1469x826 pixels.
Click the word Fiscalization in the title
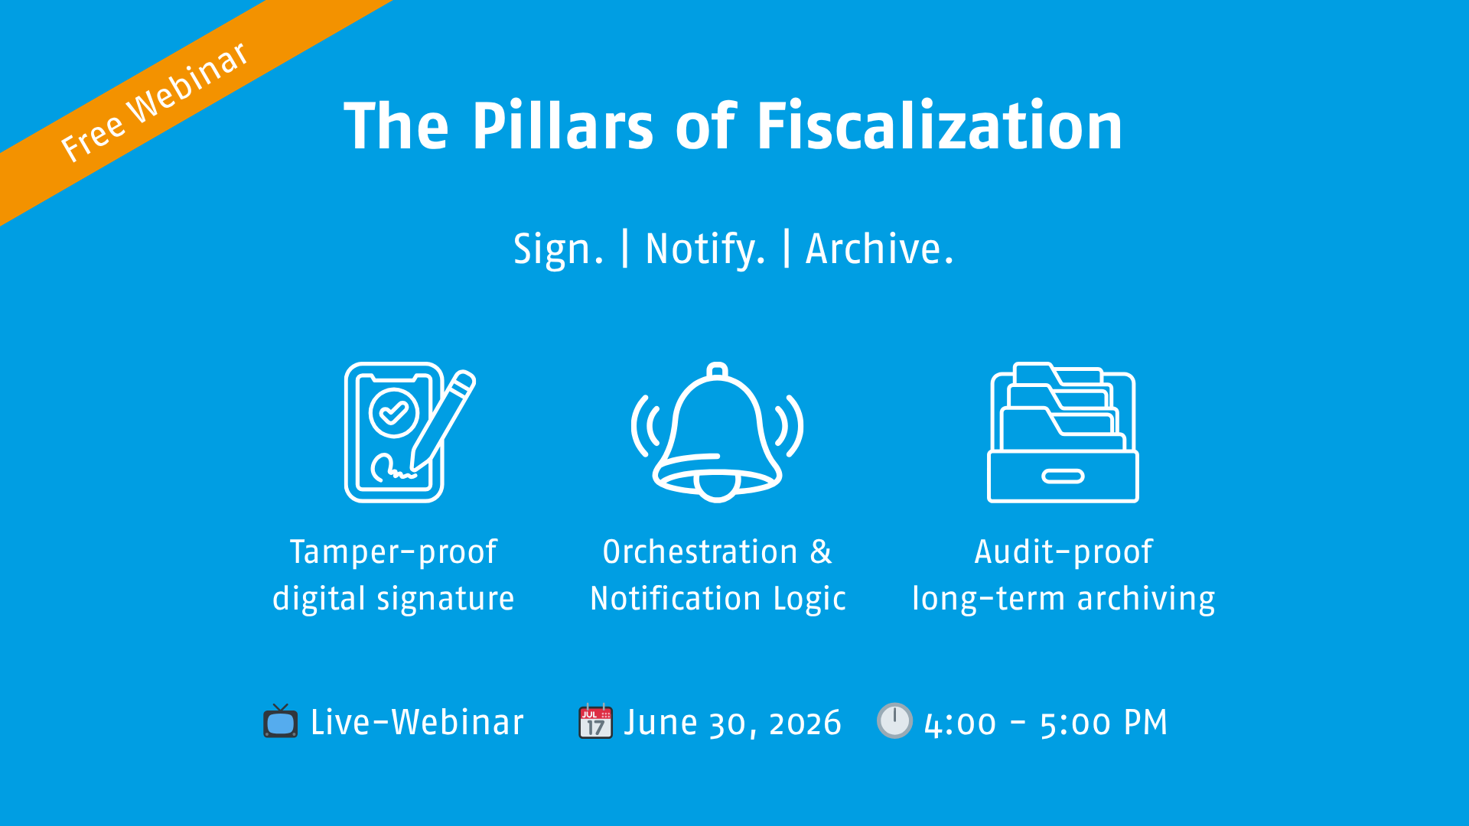pos(939,126)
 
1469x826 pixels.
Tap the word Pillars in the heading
pos(562,126)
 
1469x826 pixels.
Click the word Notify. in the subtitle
pos(705,249)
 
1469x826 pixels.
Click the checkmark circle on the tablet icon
pos(393,413)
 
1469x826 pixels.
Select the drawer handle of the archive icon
pos(1063,476)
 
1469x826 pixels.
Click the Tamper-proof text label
pos(393,552)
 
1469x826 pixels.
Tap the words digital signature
pos(393,599)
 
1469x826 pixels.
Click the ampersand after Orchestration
pos(821,552)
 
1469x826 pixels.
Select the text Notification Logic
pos(718,599)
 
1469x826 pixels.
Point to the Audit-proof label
pos(1063,552)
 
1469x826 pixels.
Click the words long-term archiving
pos(1063,599)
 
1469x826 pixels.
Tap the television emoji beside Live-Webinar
pos(280,721)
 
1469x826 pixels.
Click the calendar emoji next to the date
pos(595,721)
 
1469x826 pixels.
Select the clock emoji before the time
pos(894,720)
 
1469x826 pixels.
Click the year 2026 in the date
pos(805,724)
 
